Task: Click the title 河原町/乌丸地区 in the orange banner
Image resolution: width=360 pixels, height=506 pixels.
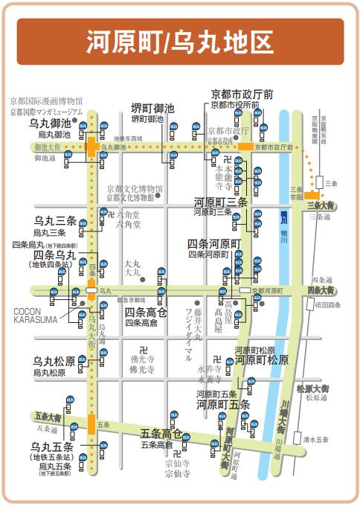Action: (x=179, y=42)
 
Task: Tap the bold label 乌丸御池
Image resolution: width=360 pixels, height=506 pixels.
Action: (x=50, y=123)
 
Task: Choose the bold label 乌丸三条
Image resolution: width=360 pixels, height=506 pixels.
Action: (x=55, y=221)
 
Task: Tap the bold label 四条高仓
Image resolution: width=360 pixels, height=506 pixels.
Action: (x=146, y=312)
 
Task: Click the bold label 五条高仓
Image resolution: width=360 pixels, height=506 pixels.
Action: (x=161, y=433)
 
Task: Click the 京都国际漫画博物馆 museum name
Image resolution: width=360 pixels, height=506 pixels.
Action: (x=46, y=101)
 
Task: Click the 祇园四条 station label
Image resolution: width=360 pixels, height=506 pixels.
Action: (x=327, y=304)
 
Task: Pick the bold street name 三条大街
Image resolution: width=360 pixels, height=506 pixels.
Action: (x=324, y=205)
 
